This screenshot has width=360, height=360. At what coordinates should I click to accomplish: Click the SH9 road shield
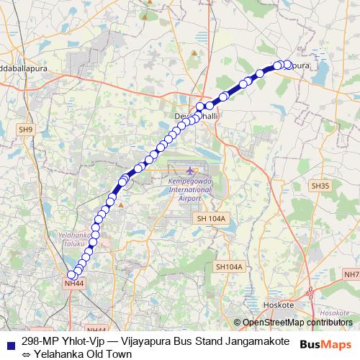click(x=26, y=130)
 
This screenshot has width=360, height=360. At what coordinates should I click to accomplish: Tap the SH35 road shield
click(x=320, y=186)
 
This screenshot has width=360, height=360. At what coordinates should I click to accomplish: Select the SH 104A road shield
click(x=211, y=218)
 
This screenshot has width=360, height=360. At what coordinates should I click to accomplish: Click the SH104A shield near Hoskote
click(x=229, y=266)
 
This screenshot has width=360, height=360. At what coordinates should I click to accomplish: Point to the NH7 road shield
click(x=351, y=274)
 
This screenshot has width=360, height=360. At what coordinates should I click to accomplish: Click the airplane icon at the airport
click(x=190, y=170)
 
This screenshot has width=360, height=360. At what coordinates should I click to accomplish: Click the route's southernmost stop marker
click(x=72, y=274)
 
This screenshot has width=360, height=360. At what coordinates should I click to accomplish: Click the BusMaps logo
click(x=330, y=343)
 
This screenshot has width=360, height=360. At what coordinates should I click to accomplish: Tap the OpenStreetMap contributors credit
click(x=297, y=323)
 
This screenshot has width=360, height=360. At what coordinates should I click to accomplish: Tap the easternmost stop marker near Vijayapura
click(x=288, y=65)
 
